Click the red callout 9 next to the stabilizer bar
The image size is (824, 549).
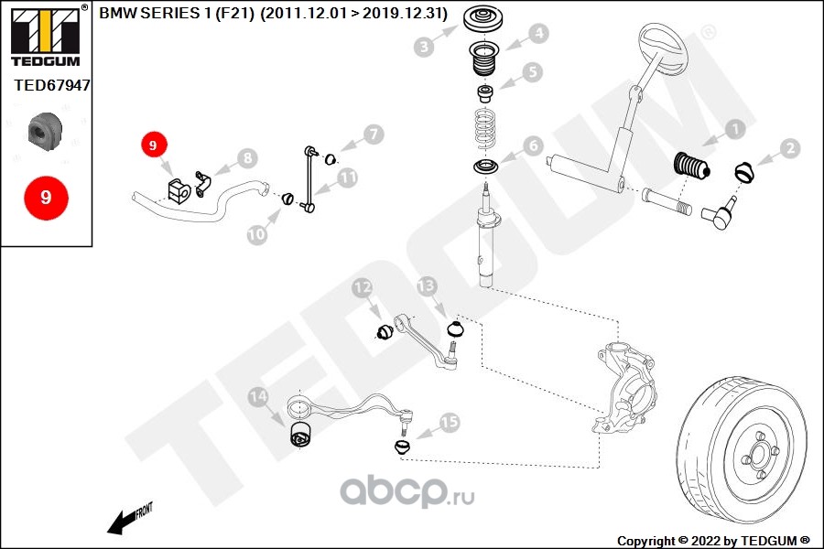click(x=153, y=145)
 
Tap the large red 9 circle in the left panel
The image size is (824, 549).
click(x=47, y=198)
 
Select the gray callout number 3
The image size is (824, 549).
click(x=424, y=47)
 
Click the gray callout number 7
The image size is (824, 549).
click(x=374, y=135)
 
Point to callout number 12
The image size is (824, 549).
click(x=362, y=288)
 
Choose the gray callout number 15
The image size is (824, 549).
click(x=449, y=422)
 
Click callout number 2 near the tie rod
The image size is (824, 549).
click(x=789, y=148)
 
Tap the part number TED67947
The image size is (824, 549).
click(x=52, y=85)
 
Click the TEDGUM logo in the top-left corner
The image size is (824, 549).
click(x=47, y=37)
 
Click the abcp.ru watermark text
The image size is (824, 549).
click(x=407, y=491)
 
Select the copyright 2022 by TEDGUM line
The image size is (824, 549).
click(x=713, y=541)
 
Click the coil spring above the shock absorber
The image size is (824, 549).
click(x=486, y=128)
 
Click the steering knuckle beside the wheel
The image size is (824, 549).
click(x=625, y=386)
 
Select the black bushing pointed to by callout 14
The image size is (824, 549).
click(x=301, y=434)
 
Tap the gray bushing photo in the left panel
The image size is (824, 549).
click(x=45, y=131)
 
